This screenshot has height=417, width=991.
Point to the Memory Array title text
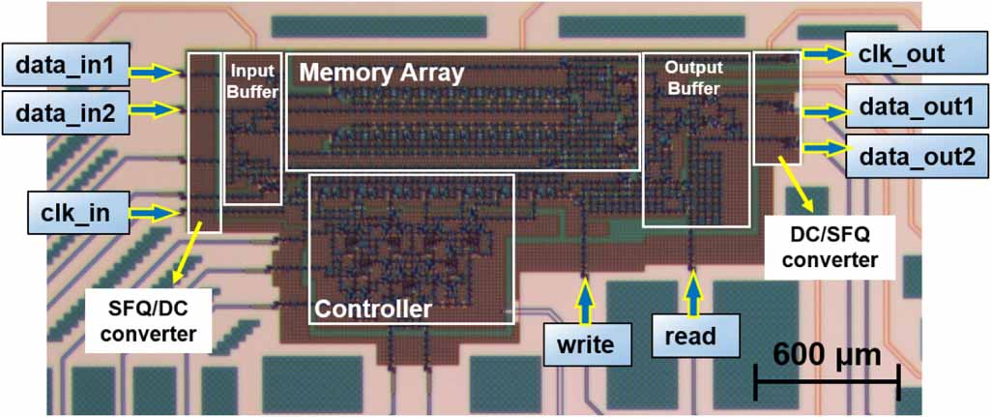click(x=382, y=73)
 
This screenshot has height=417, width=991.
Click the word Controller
click(x=373, y=310)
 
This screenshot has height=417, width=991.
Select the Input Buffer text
click(x=252, y=81)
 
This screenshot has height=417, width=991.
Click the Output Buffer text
click(x=694, y=77)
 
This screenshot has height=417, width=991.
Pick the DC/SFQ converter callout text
click(x=831, y=247)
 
